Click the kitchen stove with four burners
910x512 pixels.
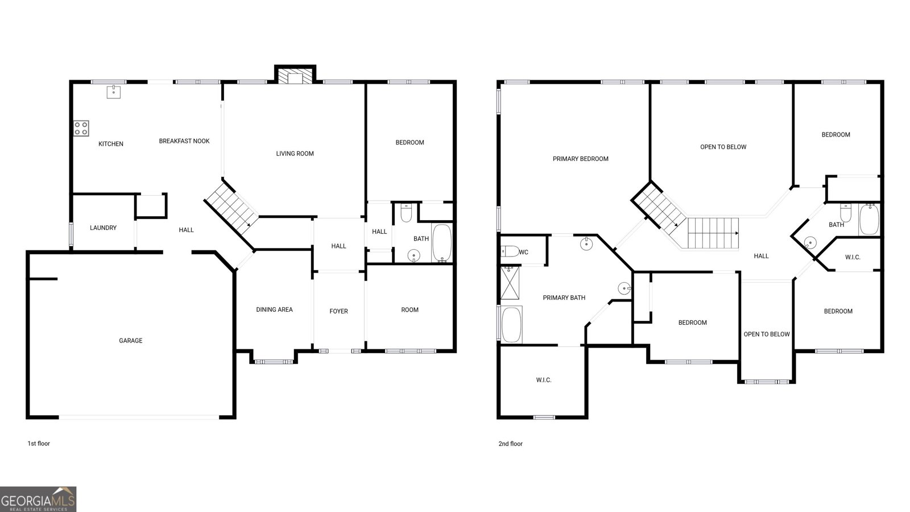pyautogui.click(x=81, y=128)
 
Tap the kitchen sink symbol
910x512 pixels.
pyautogui.click(x=114, y=92)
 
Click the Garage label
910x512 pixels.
pyautogui.click(x=130, y=341)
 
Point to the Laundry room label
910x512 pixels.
pyautogui.click(x=103, y=228)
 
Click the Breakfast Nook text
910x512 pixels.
pyautogui.click(x=184, y=141)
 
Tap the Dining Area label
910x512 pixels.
pyautogui.click(x=274, y=310)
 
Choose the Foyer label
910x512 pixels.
pyautogui.click(x=338, y=311)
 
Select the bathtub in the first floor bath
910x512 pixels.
pyautogui.click(x=441, y=242)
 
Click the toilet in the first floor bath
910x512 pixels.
pyautogui.click(x=406, y=212)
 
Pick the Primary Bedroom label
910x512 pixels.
pyautogui.click(x=580, y=159)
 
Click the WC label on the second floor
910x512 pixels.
pyautogui.click(x=524, y=252)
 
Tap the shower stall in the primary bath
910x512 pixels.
pyautogui.click(x=510, y=283)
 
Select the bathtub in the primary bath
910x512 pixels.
pyautogui.click(x=511, y=325)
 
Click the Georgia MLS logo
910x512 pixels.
pyautogui.click(x=38, y=499)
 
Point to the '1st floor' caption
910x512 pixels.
pyautogui.click(x=39, y=444)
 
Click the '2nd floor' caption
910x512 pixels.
pyautogui.click(x=510, y=444)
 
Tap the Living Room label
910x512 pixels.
pyautogui.click(x=295, y=154)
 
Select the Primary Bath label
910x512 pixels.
pyautogui.click(x=564, y=298)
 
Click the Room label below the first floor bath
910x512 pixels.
pyautogui.click(x=409, y=310)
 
